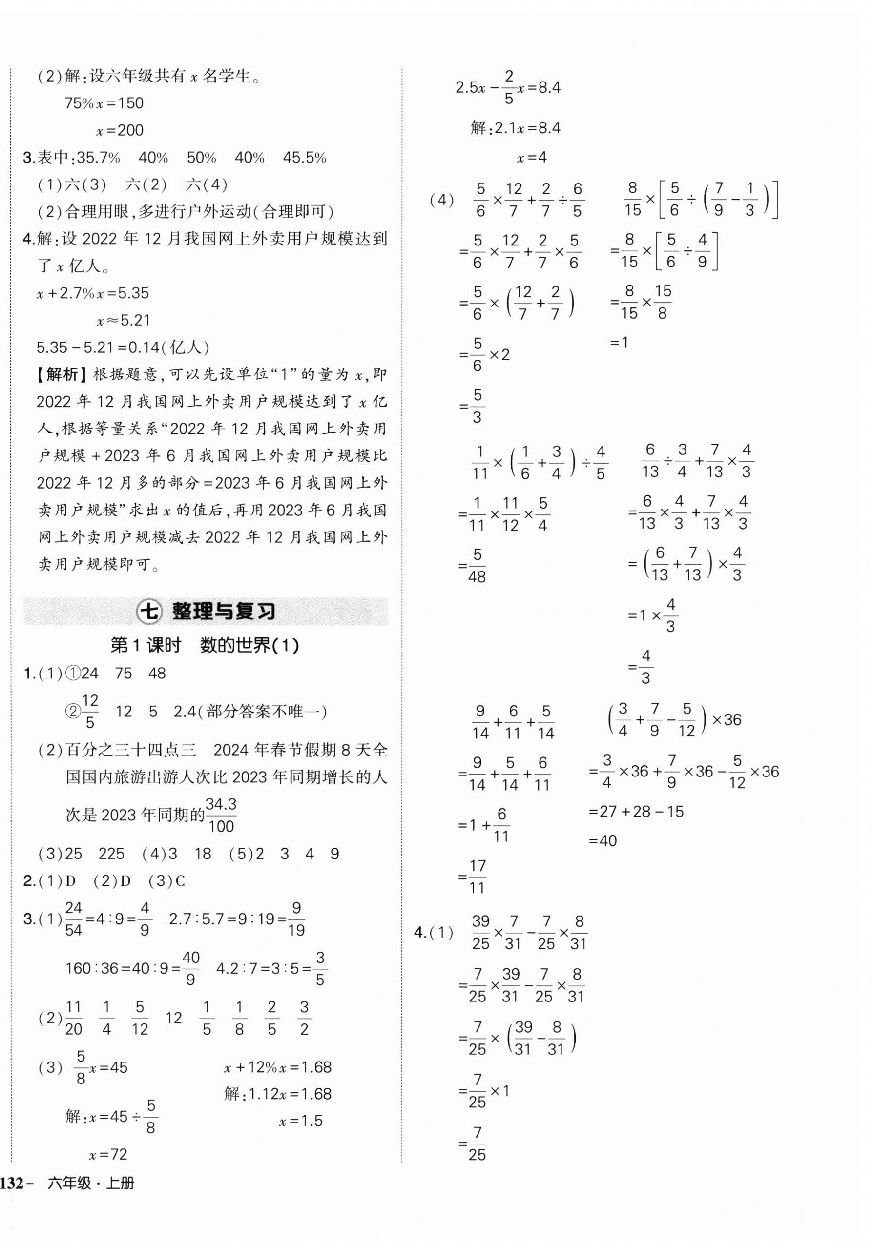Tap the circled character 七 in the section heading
pos(148,612)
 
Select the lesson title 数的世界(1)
pos(249,645)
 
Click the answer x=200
pos(120,131)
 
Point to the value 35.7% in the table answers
pos(98,158)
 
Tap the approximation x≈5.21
pos(123,320)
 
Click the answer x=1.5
pos(301,1121)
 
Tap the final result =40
pos(603,840)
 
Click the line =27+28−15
pos(636,812)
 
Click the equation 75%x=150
pos(104,103)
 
